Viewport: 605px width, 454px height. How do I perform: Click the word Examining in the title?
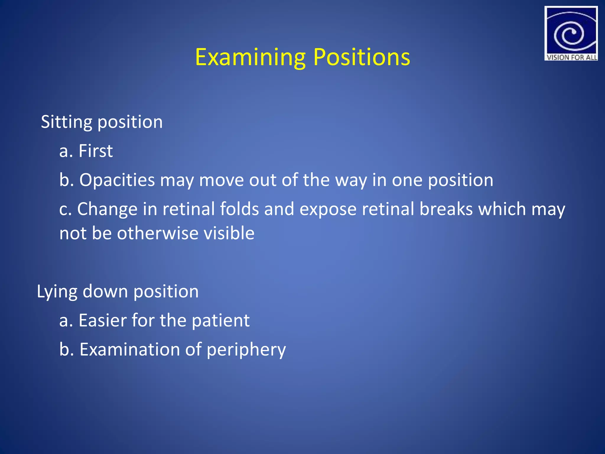click(250, 57)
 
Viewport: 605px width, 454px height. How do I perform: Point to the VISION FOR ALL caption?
click(571, 57)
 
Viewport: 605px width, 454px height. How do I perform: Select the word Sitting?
click(66, 122)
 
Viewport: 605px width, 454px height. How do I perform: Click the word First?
click(95, 151)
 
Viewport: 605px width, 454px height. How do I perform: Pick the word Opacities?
click(117, 180)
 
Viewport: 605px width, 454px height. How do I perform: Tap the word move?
click(221, 180)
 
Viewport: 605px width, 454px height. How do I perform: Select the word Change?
click(107, 209)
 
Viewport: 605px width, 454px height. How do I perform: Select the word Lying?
click(57, 292)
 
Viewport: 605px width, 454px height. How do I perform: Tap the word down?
click(105, 291)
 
